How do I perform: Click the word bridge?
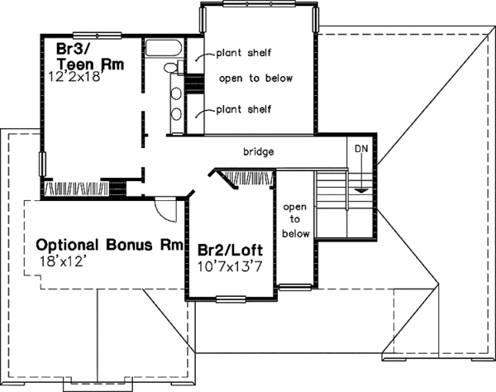click(258, 152)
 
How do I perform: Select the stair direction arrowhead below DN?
click(360, 190)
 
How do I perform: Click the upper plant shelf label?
click(244, 54)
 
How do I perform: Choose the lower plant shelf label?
click(244, 108)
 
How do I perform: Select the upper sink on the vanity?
click(176, 93)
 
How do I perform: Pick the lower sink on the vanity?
click(176, 115)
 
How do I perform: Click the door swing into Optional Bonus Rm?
click(168, 210)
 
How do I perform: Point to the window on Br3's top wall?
click(93, 35)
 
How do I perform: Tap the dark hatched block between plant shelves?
click(193, 84)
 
